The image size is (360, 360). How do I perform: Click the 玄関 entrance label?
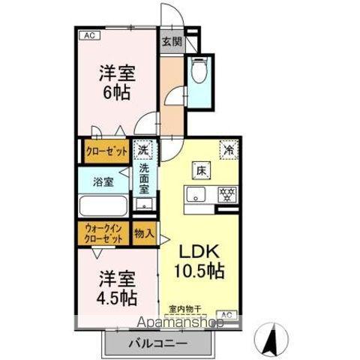170,42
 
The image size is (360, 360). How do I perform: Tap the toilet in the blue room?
199,72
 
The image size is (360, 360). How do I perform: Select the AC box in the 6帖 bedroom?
88,35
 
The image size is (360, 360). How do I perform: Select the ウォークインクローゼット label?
102,233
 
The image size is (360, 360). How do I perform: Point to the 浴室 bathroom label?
103,181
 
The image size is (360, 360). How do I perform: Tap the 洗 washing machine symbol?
142,151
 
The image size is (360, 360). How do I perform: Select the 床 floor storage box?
200,169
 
